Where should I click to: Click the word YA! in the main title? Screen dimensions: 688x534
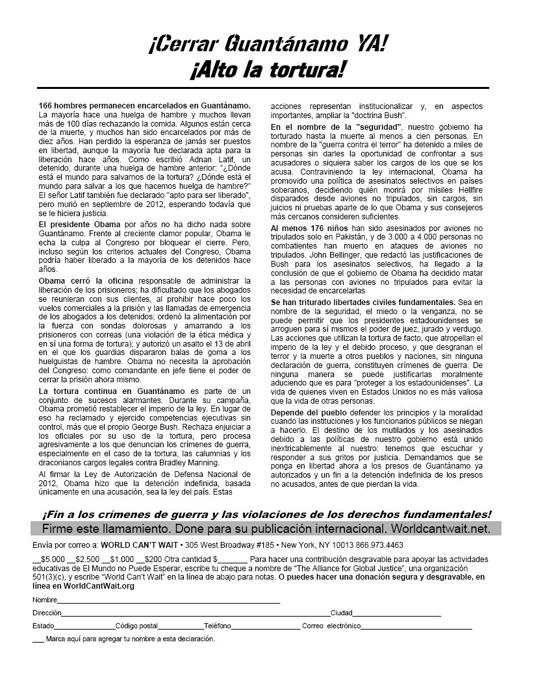368,44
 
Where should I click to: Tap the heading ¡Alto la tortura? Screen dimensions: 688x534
267,69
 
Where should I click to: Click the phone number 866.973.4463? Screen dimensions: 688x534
378,545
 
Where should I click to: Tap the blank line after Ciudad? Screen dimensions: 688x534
396,613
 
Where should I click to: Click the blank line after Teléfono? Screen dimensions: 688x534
265,626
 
